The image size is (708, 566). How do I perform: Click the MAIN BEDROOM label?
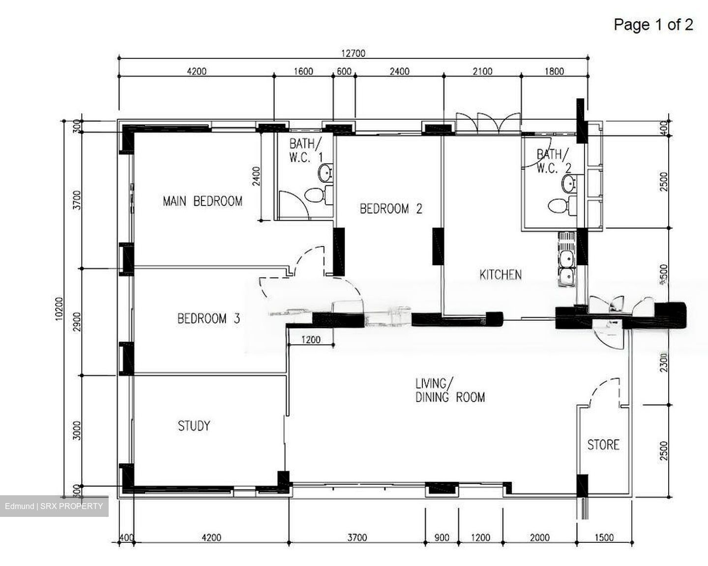[x=202, y=201]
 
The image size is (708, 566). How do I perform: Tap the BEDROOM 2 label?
[x=391, y=209]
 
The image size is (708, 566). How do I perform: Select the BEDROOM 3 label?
[x=208, y=318]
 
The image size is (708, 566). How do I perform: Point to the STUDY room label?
[x=194, y=425]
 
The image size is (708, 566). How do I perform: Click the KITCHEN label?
[x=500, y=275]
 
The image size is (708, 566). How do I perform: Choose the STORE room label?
[x=603, y=445]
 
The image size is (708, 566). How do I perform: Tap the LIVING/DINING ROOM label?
[x=450, y=391]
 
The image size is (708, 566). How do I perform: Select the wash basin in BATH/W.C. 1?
[x=325, y=173]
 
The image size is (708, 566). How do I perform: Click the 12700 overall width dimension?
[x=353, y=53]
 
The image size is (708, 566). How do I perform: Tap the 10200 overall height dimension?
[x=59, y=309]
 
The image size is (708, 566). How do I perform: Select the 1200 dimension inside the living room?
[x=310, y=340]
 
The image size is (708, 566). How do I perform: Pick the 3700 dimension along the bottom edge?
[x=357, y=538]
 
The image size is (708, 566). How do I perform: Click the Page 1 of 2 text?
[x=653, y=25]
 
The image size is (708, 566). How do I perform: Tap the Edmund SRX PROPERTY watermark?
[x=54, y=506]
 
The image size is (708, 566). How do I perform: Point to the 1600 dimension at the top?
[x=303, y=72]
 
